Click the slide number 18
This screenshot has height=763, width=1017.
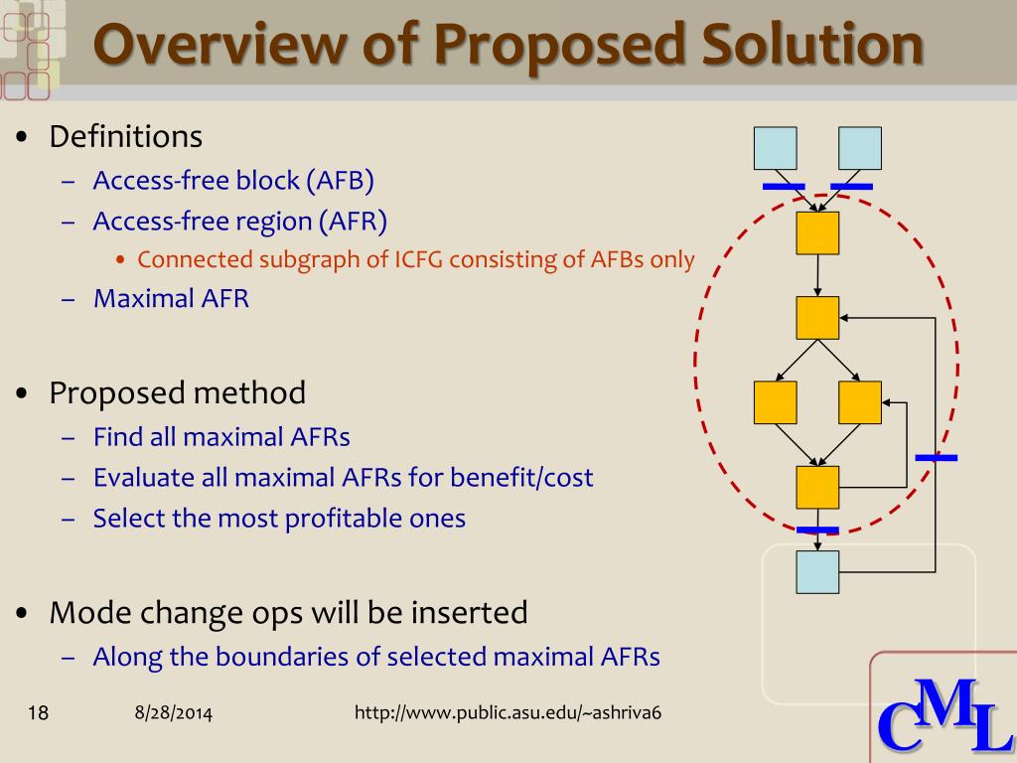[x=38, y=712]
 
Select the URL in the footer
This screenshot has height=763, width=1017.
[x=508, y=712]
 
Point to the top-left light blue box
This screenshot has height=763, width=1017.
[x=775, y=148]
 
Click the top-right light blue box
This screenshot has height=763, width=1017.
[x=860, y=148]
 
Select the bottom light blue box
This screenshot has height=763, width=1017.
[x=817, y=572]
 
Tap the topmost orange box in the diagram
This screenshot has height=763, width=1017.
[x=817, y=232]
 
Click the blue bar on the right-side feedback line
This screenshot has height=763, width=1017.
[x=936, y=458]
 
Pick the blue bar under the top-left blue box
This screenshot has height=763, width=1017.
[x=783, y=186]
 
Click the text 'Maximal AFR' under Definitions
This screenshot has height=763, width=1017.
[x=171, y=298]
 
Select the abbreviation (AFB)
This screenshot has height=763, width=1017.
[x=341, y=181]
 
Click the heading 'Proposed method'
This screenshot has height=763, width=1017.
[x=178, y=393]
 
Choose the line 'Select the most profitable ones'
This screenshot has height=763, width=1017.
[x=279, y=518]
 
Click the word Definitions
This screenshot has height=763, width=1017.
[x=126, y=136]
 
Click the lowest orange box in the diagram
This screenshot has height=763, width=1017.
[x=817, y=487]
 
